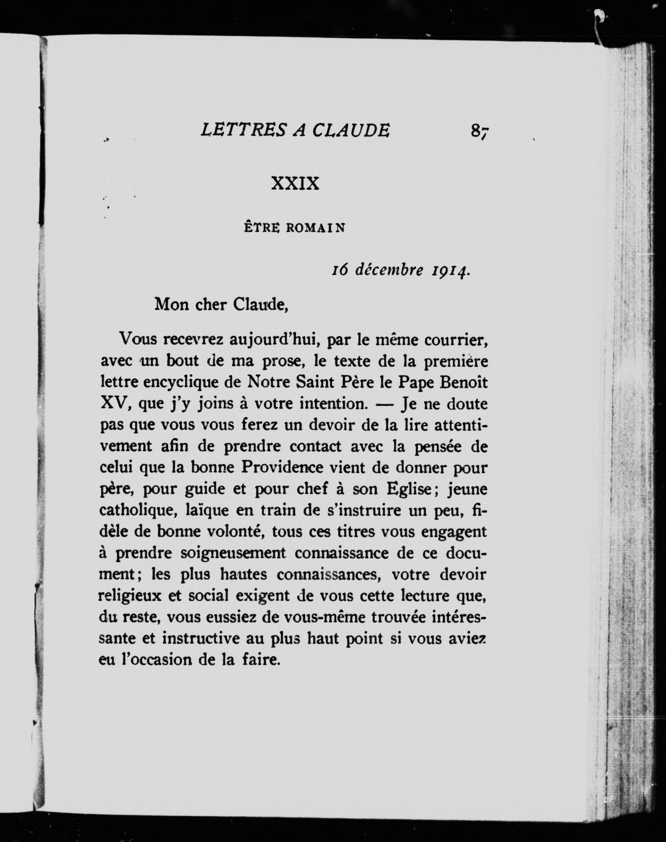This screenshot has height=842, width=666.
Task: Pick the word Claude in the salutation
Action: point(260,304)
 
